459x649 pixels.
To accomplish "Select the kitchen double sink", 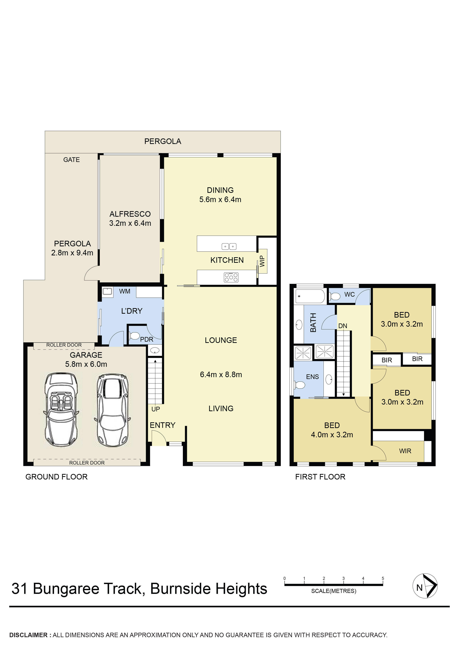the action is [229, 246].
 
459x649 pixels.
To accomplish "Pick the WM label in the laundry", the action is [125, 291].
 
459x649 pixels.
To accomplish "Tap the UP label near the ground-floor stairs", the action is [156, 409].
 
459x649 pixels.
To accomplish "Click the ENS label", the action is [312, 377].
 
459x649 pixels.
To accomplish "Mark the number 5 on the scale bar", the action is [383, 578].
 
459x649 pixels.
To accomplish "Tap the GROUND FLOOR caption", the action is [56, 477].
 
